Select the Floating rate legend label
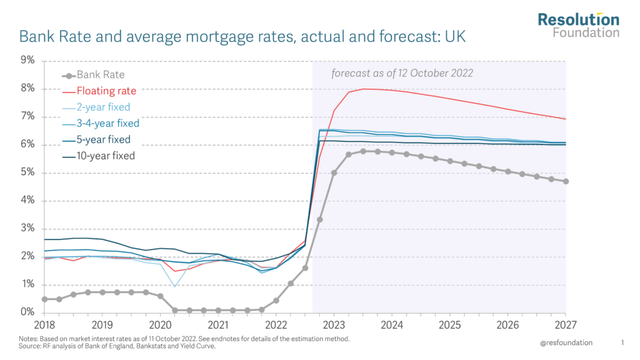click(106, 91)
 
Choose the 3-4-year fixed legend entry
click(107, 123)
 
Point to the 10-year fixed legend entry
click(106, 156)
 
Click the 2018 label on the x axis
click(44, 325)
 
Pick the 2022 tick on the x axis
click(276, 325)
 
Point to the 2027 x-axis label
click(566, 325)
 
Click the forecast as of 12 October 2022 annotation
click(402, 73)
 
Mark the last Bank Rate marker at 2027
click(566, 181)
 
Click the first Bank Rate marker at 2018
click(44, 299)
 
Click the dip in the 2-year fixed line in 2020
click(175, 286)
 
